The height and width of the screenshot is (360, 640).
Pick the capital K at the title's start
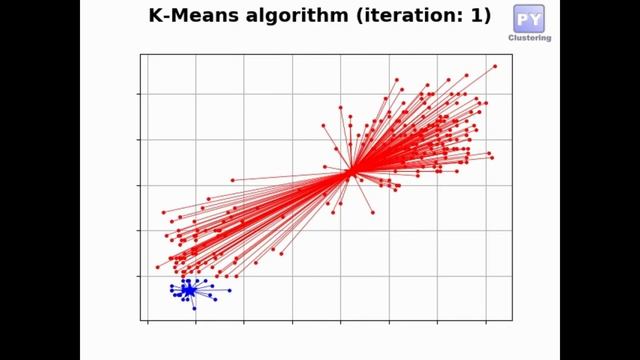click(155, 16)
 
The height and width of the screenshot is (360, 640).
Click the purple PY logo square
click(529, 18)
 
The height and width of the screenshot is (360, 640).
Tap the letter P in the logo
click(522, 18)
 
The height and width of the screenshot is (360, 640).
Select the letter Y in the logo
click(536, 18)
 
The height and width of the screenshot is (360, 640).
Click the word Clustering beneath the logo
click(530, 38)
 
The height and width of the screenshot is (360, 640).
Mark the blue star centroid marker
click(188, 290)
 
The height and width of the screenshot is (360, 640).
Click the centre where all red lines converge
click(351, 172)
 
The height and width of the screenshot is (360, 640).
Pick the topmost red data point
click(495, 66)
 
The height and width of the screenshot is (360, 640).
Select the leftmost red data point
click(157, 267)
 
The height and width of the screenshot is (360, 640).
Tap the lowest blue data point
click(194, 308)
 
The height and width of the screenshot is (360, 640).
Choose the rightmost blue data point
click(230, 290)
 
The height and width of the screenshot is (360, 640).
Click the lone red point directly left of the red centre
click(233, 180)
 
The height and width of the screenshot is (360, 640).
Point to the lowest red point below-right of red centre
click(373, 212)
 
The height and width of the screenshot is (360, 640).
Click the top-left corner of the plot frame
click(140, 54)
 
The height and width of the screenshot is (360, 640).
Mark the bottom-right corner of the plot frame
click(512, 321)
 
